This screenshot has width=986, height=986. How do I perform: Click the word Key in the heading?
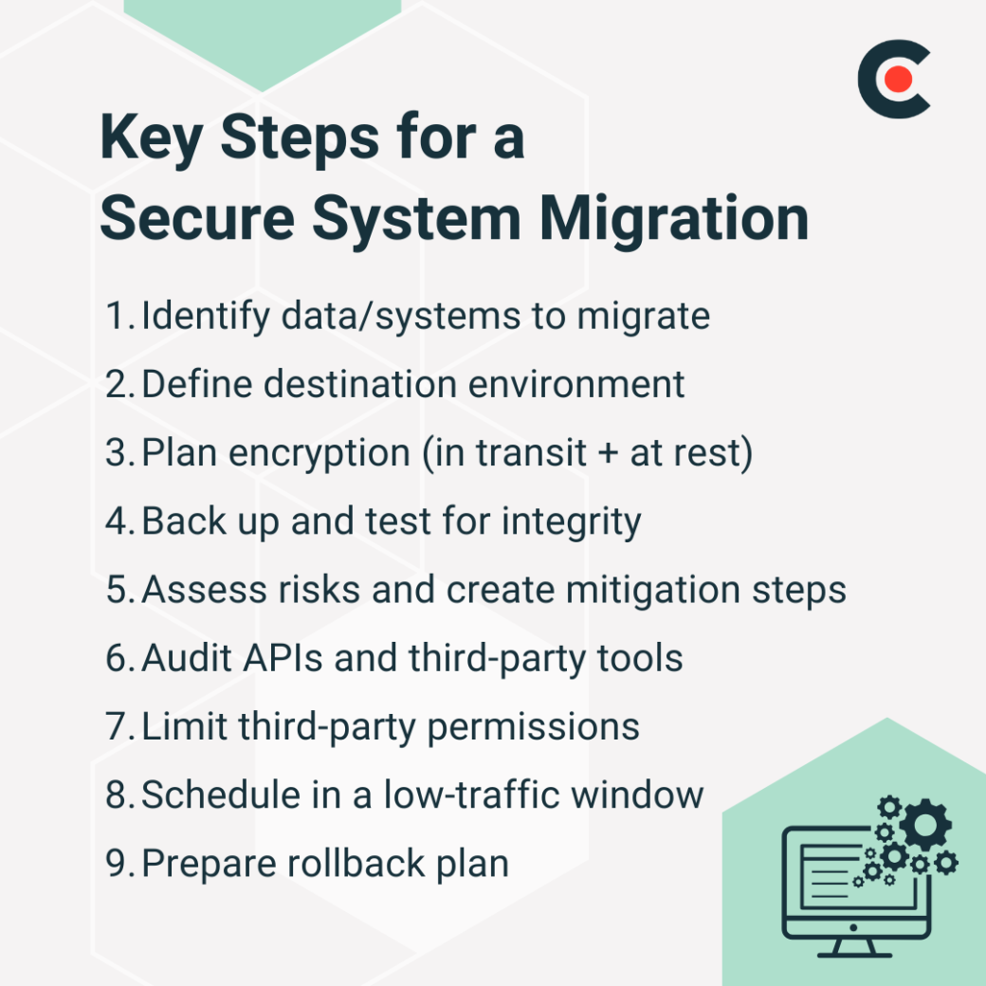(153, 139)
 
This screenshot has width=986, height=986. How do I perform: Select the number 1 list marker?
(117, 317)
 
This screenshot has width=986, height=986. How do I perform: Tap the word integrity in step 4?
(572, 521)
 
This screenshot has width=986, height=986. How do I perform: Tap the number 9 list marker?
(119, 864)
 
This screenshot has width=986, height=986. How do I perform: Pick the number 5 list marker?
(119, 590)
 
